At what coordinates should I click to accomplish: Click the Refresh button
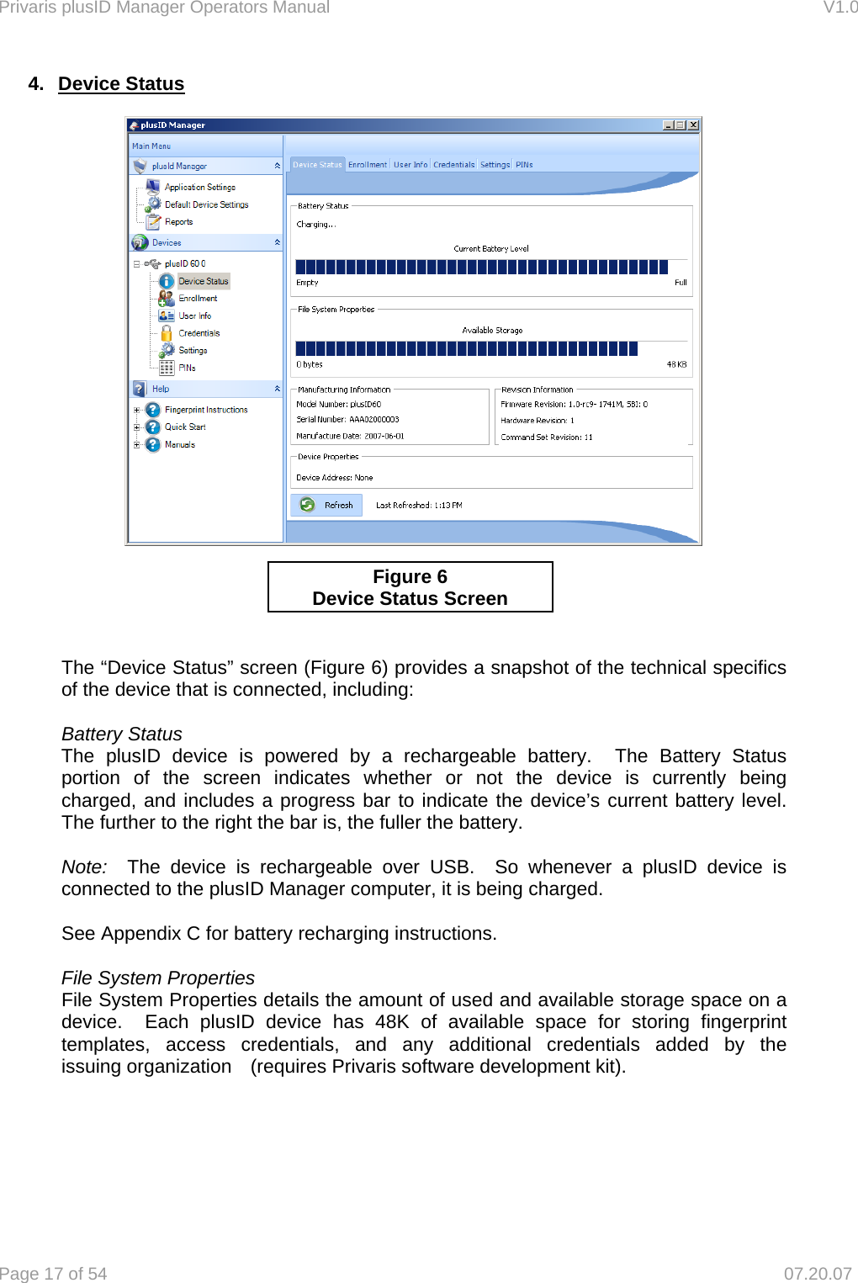pyautogui.click(x=326, y=505)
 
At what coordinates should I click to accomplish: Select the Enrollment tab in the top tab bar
pyautogui.click(x=368, y=165)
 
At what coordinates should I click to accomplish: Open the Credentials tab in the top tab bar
pyautogui.click(x=453, y=165)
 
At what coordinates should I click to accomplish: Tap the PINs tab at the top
pyautogui.click(x=524, y=165)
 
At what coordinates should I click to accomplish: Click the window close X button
pyautogui.click(x=693, y=125)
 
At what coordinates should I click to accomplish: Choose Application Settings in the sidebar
pyautogui.click(x=199, y=187)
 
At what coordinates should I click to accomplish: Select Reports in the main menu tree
pyautogui.click(x=178, y=222)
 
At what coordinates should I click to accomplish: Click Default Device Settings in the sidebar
pyautogui.click(x=206, y=204)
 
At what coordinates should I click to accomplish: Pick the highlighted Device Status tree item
pyautogui.click(x=203, y=281)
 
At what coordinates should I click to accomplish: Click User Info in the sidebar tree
pyautogui.click(x=194, y=315)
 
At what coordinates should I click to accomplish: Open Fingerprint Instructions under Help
pyautogui.click(x=206, y=410)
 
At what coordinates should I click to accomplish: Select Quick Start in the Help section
pyautogui.click(x=185, y=427)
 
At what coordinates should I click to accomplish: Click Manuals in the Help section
pyautogui.click(x=179, y=444)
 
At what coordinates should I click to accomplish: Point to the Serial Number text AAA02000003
pyautogui.click(x=373, y=419)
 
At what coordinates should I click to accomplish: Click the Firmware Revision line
pyautogui.click(x=574, y=404)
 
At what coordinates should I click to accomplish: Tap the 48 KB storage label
pyautogui.click(x=676, y=364)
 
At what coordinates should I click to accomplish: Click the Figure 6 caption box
pyautogui.click(x=410, y=587)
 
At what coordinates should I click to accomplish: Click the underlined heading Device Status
pyautogui.click(x=121, y=84)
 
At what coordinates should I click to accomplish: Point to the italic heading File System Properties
pyautogui.click(x=157, y=978)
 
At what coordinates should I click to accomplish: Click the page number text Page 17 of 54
pyautogui.click(x=54, y=1274)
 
